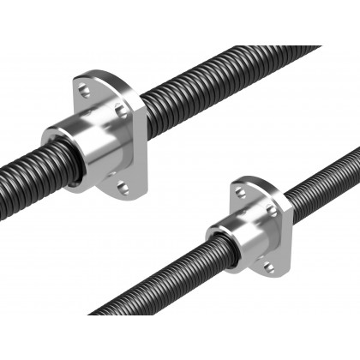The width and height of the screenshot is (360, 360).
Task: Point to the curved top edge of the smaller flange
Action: [x=253, y=183]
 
